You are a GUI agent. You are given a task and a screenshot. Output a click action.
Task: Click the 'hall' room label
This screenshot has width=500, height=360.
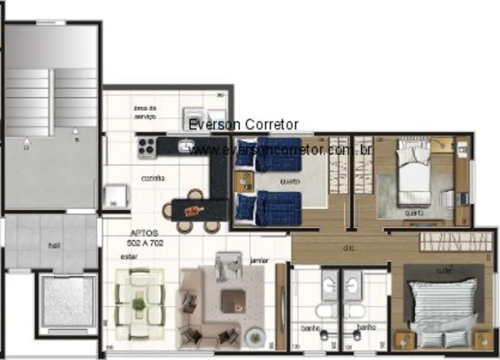click(x=53, y=245)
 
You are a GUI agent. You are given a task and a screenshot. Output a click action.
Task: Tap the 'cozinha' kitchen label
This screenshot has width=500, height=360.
click(x=152, y=178)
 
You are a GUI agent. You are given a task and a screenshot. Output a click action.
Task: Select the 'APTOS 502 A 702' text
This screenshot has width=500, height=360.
click(x=146, y=238)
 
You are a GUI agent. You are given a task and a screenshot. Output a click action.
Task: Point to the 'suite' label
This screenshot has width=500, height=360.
click(x=444, y=271)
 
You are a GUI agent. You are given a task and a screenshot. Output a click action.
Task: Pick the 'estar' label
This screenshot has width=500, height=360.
click(x=128, y=256)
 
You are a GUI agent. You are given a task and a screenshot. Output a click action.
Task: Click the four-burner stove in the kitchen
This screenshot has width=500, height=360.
click(x=146, y=148)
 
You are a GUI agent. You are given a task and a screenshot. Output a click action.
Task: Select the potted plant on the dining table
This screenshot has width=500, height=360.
click(x=139, y=304)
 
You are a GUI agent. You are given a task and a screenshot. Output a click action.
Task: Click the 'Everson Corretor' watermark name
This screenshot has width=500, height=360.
click(x=243, y=125)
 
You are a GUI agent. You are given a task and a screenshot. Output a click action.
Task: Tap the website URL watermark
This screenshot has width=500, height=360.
click(x=280, y=150)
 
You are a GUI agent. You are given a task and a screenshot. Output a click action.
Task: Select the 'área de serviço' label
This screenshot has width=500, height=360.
click(x=145, y=112)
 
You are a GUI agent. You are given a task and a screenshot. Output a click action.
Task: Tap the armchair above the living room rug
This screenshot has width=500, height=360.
click(x=229, y=266)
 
